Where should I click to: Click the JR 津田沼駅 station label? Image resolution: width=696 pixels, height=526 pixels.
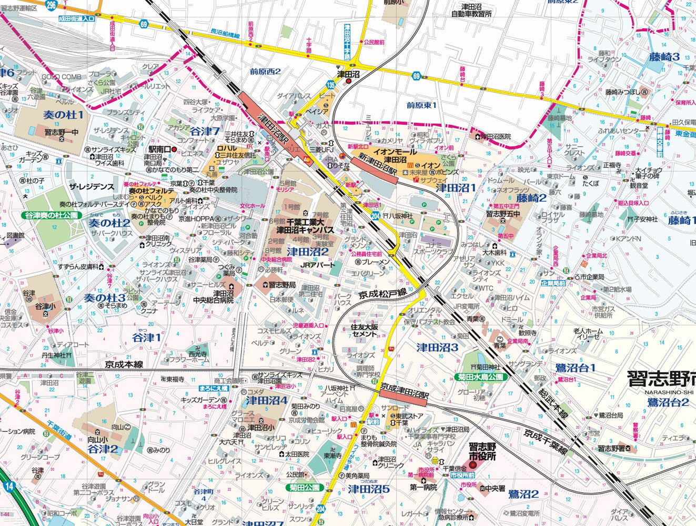pos(272,129)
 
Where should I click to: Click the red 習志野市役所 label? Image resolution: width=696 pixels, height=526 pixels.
pos(482,451)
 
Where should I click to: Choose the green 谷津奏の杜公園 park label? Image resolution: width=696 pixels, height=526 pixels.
pos(51,216)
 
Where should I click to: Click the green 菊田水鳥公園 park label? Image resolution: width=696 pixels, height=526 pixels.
pos(482,377)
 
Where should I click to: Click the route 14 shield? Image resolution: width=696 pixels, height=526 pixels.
pos(8,486)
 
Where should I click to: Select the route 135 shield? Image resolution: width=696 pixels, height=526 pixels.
pos(330,84)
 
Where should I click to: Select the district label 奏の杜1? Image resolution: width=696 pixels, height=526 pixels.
pos(64,114)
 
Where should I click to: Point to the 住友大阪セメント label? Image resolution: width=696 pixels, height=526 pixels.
pos(365,330)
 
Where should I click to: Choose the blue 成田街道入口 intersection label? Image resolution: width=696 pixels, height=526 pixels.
pos(77,18)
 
